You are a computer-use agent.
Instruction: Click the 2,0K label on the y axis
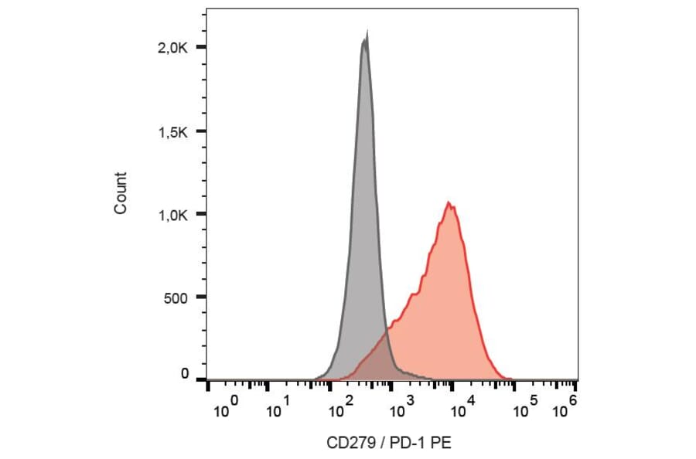(x=172, y=48)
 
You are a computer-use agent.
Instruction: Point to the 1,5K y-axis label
(x=172, y=131)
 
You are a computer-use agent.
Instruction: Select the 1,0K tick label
(x=172, y=214)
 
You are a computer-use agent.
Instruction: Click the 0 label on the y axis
(x=185, y=374)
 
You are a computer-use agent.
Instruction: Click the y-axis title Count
(x=121, y=193)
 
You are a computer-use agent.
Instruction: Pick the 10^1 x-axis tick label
(x=277, y=409)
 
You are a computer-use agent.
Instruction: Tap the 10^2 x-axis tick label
(x=340, y=409)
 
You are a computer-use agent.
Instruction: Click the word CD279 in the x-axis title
(x=347, y=443)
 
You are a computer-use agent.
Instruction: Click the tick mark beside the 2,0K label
(x=202, y=48)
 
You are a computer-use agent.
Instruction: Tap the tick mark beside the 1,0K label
(x=202, y=214)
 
